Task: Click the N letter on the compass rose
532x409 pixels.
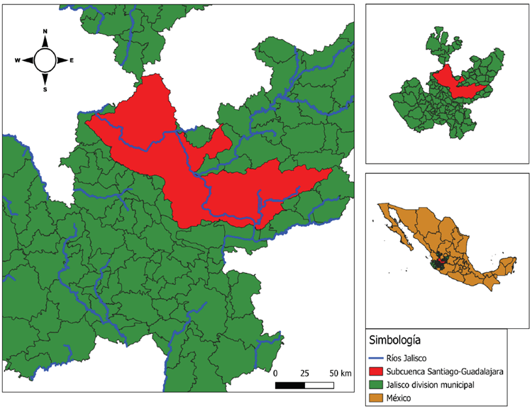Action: click(45, 32)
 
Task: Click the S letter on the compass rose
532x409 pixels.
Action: click(45, 89)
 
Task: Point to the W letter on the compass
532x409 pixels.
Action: click(17, 61)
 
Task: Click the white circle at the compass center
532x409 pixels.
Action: click(45, 60)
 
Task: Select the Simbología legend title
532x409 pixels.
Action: click(395, 337)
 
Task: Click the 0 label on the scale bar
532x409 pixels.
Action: click(275, 373)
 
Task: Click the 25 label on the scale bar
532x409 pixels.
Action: click(304, 373)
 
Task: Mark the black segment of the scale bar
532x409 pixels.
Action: click(289, 385)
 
